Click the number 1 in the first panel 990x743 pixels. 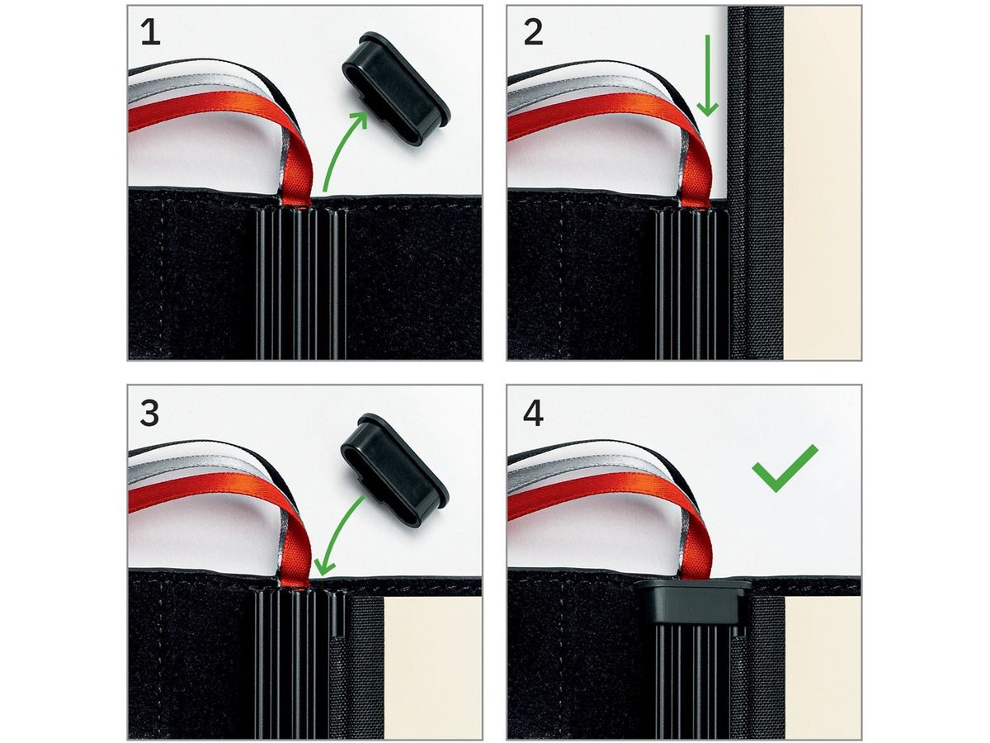click(151, 33)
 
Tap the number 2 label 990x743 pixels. click(533, 33)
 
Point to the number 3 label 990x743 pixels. click(150, 414)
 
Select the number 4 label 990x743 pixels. click(533, 414)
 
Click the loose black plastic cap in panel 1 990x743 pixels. click(395, 88)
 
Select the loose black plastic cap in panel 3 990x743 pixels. click(394, 471)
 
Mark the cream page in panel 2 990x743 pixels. click(823, 182)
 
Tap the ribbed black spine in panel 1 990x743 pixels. click(301, 283)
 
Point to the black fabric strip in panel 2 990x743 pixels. click(756, 182)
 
